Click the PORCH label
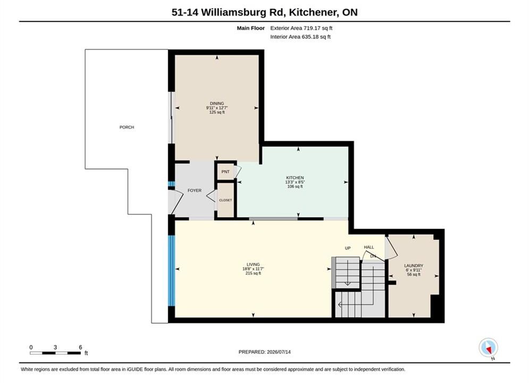click(127, 127)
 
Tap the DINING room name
click(217, 104)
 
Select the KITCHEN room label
click(295, 178)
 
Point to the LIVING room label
click(253, 264)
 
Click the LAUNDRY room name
click(414, 266)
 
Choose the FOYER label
click(195, 190)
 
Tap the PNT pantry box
click(225, 172)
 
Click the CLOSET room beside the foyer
click(225, 200)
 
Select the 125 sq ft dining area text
click(217, 112)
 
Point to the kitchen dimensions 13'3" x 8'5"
click(295, 182)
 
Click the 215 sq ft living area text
click(253, 273)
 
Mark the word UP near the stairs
click(348, 248)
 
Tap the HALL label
click(369, 247)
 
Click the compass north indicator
click(488, 347)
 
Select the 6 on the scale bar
click(80, 347)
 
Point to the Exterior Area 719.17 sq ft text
click(301, 28)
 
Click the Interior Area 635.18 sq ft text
click(300, 37)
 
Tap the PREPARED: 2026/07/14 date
click(265, 352)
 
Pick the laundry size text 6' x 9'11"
click(414, 270)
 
